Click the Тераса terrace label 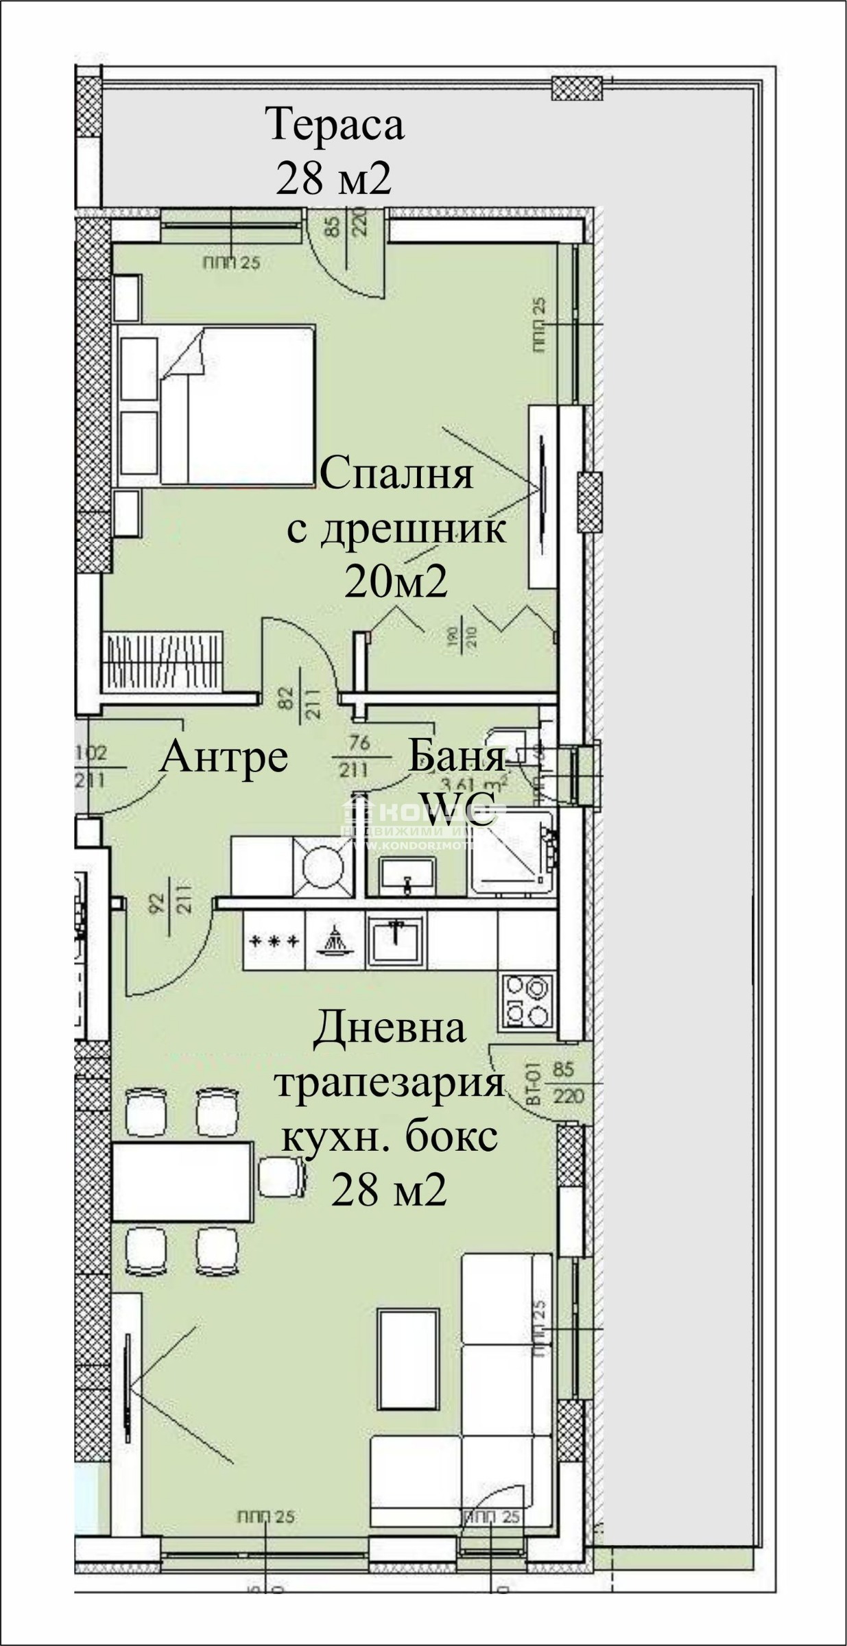(x=335, y=125)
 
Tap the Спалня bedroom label (x=396, y=474)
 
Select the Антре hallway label (x=224, y=757)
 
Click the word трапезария (x=389, y=1084)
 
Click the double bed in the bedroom (x=217, y=405)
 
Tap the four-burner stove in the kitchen (x=526, y=1001)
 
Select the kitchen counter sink (x=396, y=939)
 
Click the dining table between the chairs (x=182, y=1181)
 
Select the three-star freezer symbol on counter (x=274, y=940)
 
